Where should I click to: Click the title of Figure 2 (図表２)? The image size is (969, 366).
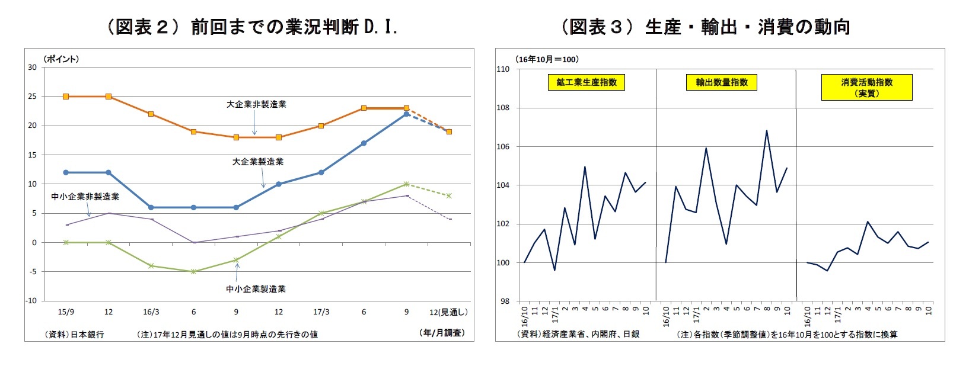252,27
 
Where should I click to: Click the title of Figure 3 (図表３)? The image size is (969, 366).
706,27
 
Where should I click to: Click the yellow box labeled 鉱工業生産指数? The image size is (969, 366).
586,82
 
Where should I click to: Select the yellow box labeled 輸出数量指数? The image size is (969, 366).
722,82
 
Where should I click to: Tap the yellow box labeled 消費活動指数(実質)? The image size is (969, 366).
866,88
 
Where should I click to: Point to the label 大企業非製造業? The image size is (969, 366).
256,104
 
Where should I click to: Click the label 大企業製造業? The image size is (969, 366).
257,161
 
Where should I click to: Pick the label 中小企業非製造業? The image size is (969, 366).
85,197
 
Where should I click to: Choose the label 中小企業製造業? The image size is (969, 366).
256,289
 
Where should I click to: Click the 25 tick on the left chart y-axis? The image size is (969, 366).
32,96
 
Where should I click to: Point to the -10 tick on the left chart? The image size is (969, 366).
31,301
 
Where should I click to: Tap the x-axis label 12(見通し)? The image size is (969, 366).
448,312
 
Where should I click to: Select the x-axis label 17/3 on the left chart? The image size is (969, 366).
321,312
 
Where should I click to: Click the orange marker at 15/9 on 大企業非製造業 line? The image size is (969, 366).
66,96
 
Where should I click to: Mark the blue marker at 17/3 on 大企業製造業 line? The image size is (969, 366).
321,172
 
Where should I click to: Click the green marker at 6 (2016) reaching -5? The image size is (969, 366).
193,271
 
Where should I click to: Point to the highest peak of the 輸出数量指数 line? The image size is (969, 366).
766,131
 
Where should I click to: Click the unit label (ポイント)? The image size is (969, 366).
61,59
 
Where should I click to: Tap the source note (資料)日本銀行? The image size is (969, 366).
75,335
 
